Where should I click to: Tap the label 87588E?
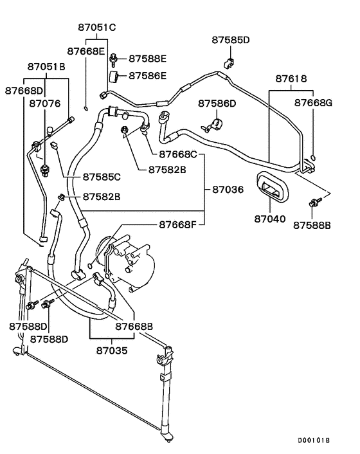point(148,59)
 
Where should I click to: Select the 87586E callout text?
point(148,76)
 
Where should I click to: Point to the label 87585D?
point(230,40)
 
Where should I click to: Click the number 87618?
point(291,78)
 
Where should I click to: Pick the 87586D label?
point(217,103)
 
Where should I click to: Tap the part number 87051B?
point(46,66)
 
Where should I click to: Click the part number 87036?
point(228,189)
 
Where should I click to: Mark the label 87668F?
point(178,224)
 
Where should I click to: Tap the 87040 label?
point(269,219)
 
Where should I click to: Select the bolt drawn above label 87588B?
point(315,203)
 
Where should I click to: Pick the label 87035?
point(113,351)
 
